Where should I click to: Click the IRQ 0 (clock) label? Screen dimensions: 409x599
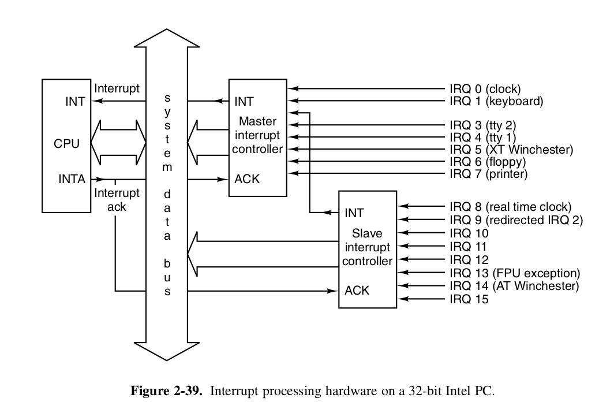tap(485, 89)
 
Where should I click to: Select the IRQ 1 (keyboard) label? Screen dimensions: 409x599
tap(496, 102)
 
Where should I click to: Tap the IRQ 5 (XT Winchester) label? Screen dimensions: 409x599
tap(511, 150)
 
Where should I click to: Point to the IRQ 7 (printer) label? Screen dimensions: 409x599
tap(488, 173)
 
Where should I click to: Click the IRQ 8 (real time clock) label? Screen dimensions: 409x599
tap(510, 207)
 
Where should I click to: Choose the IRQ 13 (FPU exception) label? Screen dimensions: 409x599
tap(514, 273)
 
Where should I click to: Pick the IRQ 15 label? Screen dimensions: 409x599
tap(469, 299)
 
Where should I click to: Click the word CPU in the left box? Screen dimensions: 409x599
tap(67, 143)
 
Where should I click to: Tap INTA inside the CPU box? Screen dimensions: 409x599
tap(72, 179)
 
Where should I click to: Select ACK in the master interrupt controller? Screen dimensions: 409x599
tap(247, 179)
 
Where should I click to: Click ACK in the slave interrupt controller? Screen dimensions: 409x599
tap(357, 290)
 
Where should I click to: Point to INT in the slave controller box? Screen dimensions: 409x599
tap(354, 213)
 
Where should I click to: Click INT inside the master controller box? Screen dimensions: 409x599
tap(244, 102)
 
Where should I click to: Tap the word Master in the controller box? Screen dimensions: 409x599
tap(257, 122)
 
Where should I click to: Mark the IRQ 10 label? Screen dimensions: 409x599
tap(469, 233)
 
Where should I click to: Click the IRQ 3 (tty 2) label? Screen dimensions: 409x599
tap(482, 125)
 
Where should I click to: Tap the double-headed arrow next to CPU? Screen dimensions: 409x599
tap(121, 142)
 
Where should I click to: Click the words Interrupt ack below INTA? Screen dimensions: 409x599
tap(117, 199)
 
